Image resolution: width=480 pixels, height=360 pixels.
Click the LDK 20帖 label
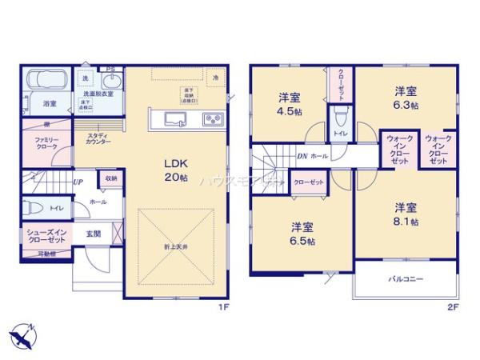tap(175, 168)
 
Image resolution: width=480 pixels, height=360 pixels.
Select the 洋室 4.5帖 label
tap(290, 104)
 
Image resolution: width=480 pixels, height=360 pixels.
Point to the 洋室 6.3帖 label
tap(406, 98)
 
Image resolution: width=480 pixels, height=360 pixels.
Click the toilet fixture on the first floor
tap(34, 207)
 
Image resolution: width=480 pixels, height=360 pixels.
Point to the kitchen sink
tap(175, 119)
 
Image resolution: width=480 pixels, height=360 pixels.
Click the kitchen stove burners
tap(214, 120)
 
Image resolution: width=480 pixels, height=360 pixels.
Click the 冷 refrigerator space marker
tap(215, 76)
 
